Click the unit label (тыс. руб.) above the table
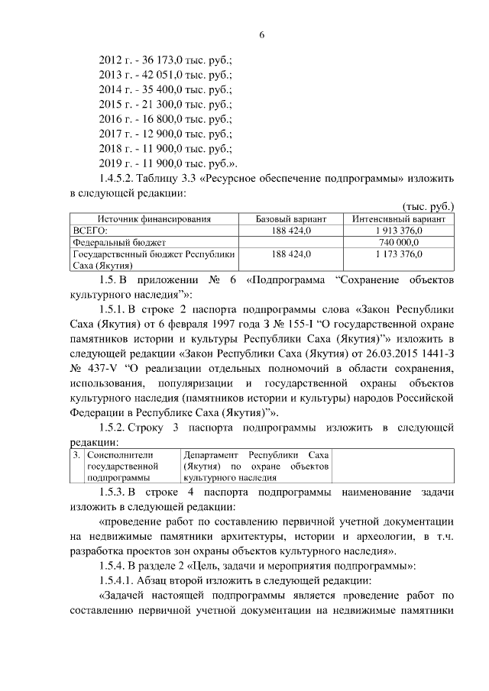tap(429, 207)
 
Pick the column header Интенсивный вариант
tap(399, 219)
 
